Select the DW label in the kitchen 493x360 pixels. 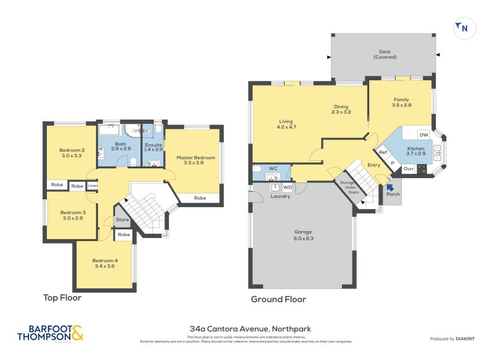click(x=423, y=134)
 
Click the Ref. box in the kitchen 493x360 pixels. click(x=383, y=153)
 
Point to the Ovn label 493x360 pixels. click(x=408, y=168)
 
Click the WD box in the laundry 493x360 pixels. click(x=287, y=187)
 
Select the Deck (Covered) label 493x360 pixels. click(x=385, y=54)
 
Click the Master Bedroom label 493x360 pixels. click(x=196, y=161)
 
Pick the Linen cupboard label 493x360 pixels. click(x=92, y=186)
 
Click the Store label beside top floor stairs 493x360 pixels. click(x=122, y=219)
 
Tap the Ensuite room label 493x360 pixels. click(x=153, y=147)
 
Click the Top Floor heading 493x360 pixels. click(x=62, y=298)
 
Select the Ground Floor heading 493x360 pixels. click(x=278, y=300)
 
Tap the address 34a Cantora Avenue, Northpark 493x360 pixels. click(x=246, y=330)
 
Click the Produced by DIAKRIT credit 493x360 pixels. click(x=455, y=338)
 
